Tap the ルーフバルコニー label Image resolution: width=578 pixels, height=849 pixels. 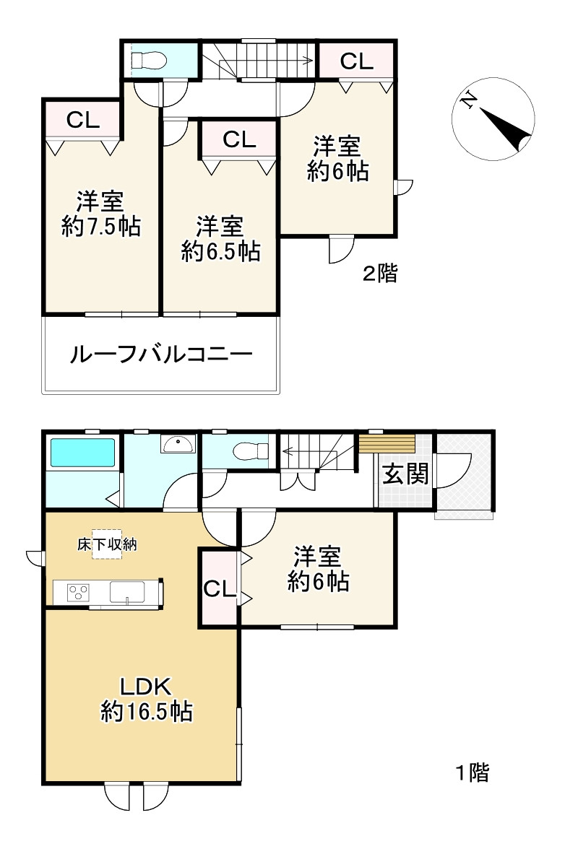pos(160,355)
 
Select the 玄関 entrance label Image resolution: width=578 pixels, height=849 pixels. pos(405,474)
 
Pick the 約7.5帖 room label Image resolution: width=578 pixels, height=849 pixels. pos(100,214)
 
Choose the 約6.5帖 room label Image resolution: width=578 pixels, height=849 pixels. pos(220,238)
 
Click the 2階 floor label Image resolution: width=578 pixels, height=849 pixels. pos(380,274)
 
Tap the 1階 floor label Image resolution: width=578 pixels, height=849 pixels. pos(473,773)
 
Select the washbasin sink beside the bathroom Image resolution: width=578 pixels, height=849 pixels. pos(178,444)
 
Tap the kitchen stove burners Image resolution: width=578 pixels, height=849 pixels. pos(77,593)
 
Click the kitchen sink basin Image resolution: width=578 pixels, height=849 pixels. pos(127,593)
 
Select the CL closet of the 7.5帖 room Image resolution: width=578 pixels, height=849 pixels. pos(83,121)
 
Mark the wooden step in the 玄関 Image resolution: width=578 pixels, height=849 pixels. pos(388,443)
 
